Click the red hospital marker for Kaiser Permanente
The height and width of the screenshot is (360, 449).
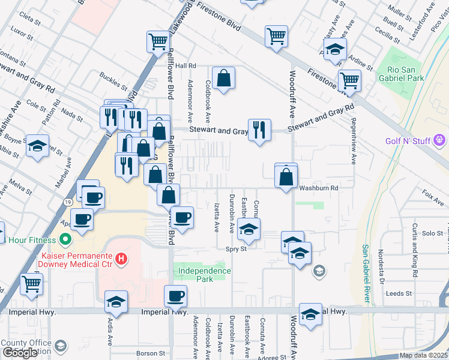click(121, 259)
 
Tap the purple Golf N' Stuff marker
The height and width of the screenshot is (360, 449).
click(439, 140)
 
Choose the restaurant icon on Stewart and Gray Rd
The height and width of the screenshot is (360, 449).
click(259, 130)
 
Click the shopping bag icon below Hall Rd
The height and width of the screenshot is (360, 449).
click(223, 78)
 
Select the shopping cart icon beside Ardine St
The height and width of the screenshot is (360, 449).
click(349, 80)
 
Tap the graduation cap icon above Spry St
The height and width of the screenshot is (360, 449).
click(249, 229)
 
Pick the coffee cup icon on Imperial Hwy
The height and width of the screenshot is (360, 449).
click(175, 296)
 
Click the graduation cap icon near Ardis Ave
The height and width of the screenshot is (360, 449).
click(116, 302)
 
